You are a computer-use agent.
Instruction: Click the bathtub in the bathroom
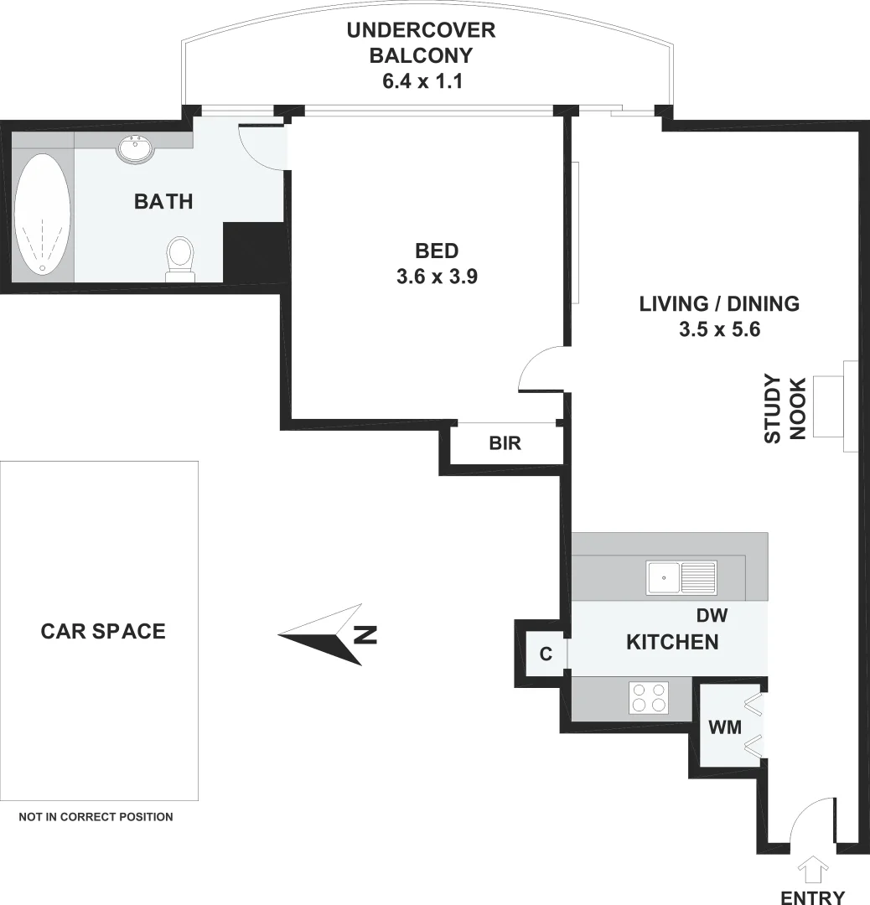pyautogui.click(x=43, y=213)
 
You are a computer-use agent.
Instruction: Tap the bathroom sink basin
pyautogui.click(x=135, y=149)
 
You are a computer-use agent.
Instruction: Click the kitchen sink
pyautogui.click(x=681, y=577)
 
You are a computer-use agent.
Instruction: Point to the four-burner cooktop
pyautogui.click(x=650, y=697)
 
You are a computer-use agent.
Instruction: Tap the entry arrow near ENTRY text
pyautogui.click(x=813, y=870)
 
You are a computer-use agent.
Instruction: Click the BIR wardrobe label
pyautogui.click(x=505, y=443)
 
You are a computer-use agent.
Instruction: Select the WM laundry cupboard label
pyautogui.click(x=725, y=727)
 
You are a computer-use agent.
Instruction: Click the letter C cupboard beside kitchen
pyautogui.click(x=546, y=654)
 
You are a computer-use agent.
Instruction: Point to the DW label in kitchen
pyautogui.click(x=712, y=616)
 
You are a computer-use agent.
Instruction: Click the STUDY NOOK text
pyautogui.click(x=785, y=409)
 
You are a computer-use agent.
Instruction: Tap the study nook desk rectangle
pyautogui.click(x=828, y=407)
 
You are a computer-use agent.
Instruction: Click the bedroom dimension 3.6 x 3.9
pyautogui.click(x=437, y=277)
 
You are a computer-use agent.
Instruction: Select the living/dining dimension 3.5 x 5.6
pyautogui.click(x=719, y=330)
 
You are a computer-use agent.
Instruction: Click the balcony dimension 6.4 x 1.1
pyautogui.click(x=422, y=82)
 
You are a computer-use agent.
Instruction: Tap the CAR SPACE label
pyautogui.click(x=103, y=631)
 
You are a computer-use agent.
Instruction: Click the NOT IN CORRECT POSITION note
pyautogui.click(x=96, y=816)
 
